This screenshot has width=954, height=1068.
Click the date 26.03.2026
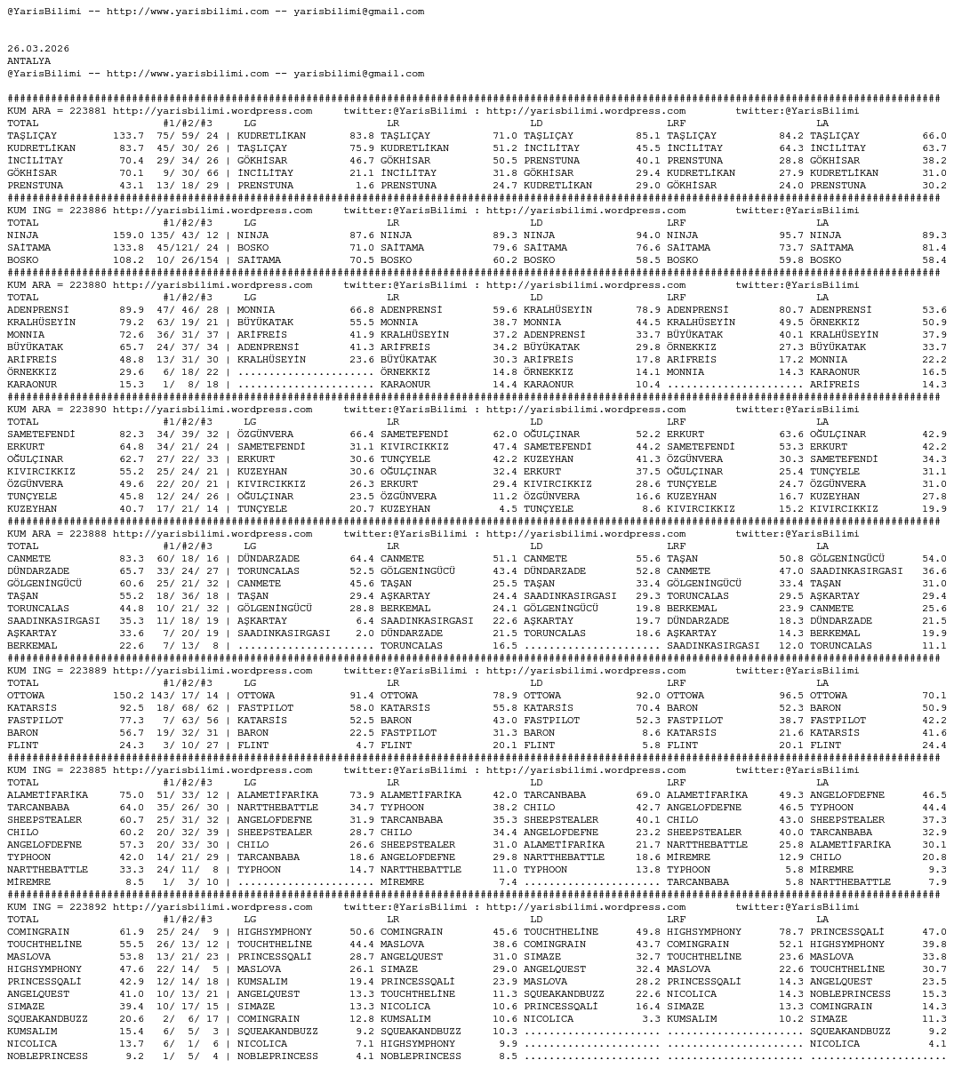point(38,49)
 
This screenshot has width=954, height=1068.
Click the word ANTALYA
point(29,61)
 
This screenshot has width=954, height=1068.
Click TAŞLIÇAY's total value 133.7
point(128,136)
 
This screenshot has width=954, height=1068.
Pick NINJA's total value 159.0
point(128,235)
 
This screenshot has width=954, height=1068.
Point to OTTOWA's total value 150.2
point(128,696)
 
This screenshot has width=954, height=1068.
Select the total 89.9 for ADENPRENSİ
point(132,310)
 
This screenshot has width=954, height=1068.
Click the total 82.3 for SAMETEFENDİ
point(132,434)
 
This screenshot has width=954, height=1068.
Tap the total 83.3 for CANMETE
point(132,559)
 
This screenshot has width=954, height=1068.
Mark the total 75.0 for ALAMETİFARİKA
point(132,795)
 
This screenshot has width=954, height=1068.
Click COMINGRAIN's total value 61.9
point(132,932)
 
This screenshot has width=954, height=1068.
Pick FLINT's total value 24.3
point(132,745)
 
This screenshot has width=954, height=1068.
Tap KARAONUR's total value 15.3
point(132,385)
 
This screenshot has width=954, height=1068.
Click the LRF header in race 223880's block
point(676,298)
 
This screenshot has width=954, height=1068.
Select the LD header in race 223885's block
point(536,783)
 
